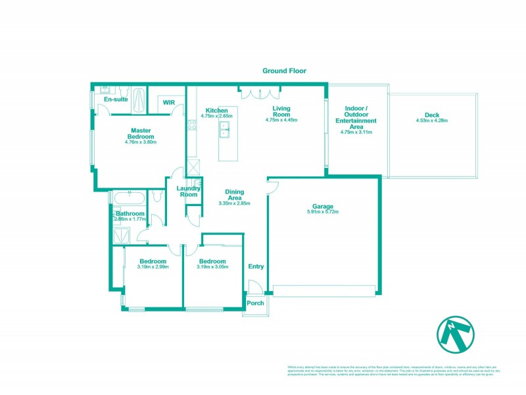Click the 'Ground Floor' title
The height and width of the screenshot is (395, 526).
tap(284, 70)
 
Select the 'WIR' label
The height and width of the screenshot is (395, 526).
tap(169, 103)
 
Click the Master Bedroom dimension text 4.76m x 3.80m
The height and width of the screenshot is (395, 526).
tap(141, 142)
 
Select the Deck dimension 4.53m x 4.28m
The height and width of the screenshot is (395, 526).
tap(431, 120)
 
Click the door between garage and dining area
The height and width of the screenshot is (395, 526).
tap(272, 186)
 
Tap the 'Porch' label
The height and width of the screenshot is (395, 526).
tap(254, 303)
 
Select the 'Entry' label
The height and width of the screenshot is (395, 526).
tap(256, 267)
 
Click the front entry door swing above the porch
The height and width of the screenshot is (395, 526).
tap(254, 286)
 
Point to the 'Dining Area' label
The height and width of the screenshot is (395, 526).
tap(234, 195)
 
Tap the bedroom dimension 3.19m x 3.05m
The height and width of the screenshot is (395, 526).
tap(212, 267)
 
